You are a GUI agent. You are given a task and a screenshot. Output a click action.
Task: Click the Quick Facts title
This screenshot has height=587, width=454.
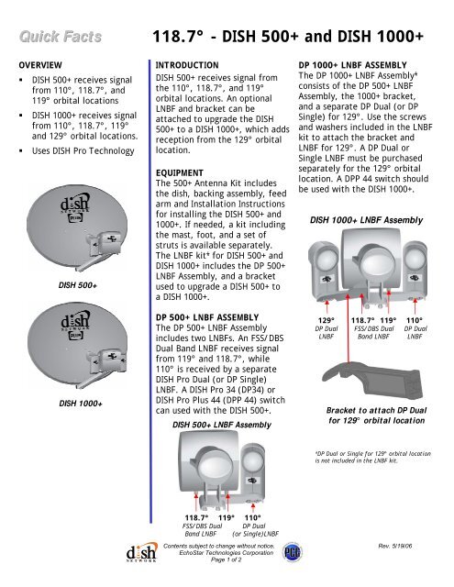coord(57,37)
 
